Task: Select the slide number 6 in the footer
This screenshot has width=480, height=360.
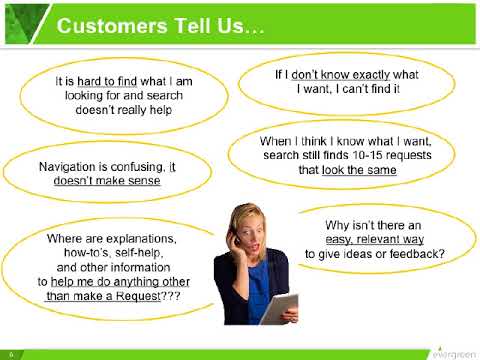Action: tap(10, 354)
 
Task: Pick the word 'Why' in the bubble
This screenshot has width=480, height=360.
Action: tap(343, 225)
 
